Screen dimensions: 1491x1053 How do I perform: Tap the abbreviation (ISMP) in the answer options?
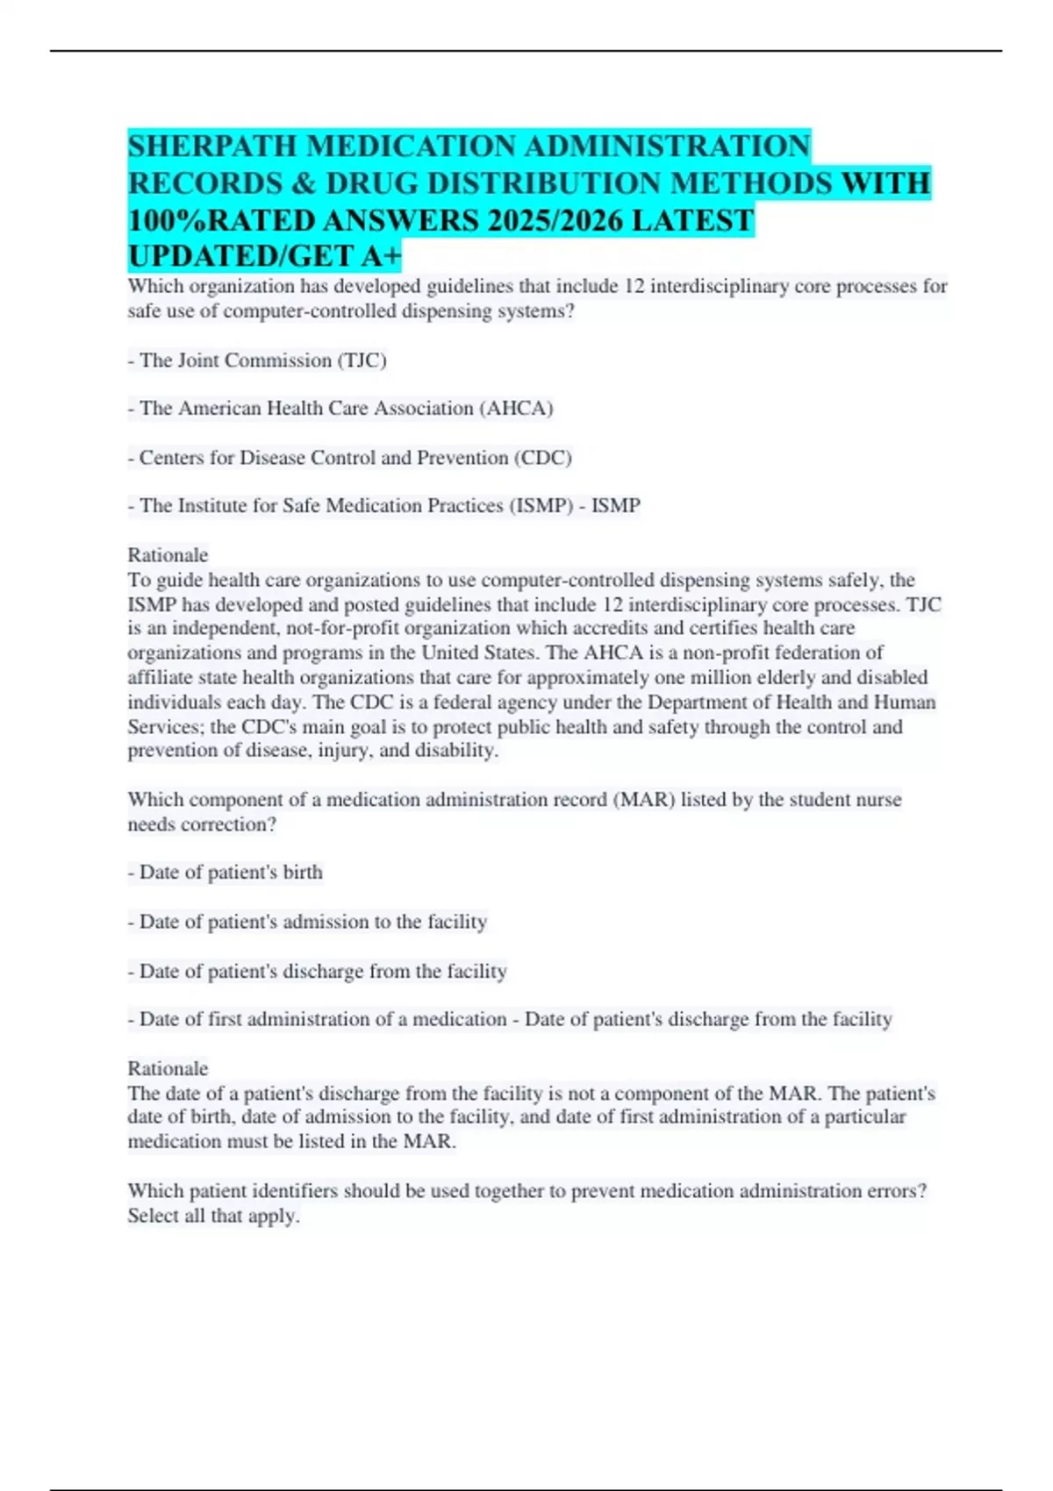[x=541, y=506]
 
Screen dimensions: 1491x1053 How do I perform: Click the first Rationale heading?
[x=168, y=555]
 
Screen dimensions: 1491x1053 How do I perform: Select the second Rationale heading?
[x=168, y=1068]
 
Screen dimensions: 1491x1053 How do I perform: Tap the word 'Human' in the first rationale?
[x=905, y=703]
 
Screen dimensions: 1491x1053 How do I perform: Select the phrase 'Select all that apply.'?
[x=213, y=1216]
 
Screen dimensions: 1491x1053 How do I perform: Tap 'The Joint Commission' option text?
[x=235, y=360]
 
